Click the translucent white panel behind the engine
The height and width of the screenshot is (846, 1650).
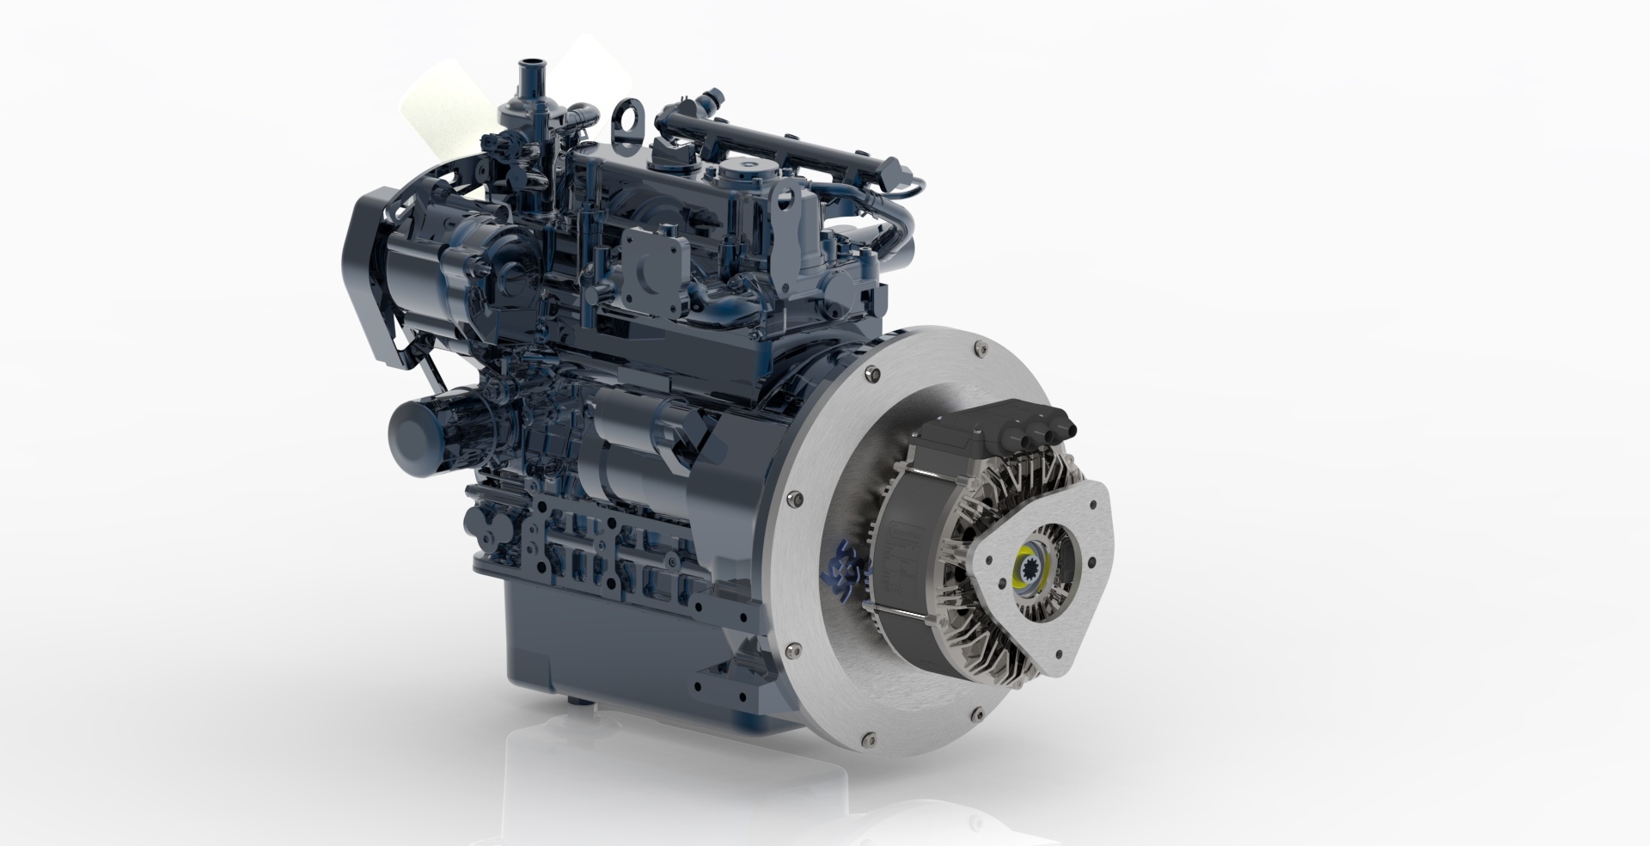447,120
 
